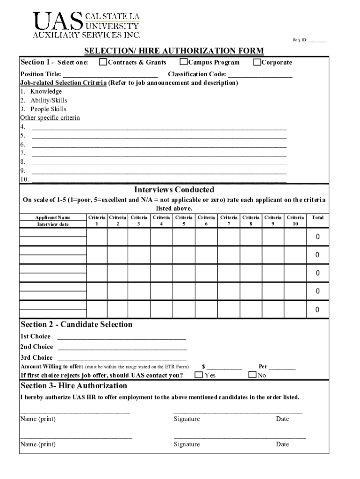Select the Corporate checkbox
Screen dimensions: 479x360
point(257,62)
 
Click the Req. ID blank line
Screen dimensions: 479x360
point(317,41)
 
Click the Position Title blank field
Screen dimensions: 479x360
point(110,75)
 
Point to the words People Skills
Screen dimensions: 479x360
point(48,109)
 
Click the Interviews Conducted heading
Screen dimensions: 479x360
point(174,189)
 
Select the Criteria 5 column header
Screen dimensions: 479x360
point(184,220)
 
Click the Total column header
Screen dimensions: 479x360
point(317,218)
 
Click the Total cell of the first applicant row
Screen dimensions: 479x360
point(317,237)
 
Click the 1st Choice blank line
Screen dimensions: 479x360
point(122,337)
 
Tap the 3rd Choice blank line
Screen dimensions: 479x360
point(122,358)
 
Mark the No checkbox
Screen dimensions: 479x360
point(252,375)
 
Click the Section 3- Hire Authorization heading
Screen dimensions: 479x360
point(74,385)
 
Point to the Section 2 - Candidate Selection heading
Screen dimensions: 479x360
point(77,324)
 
